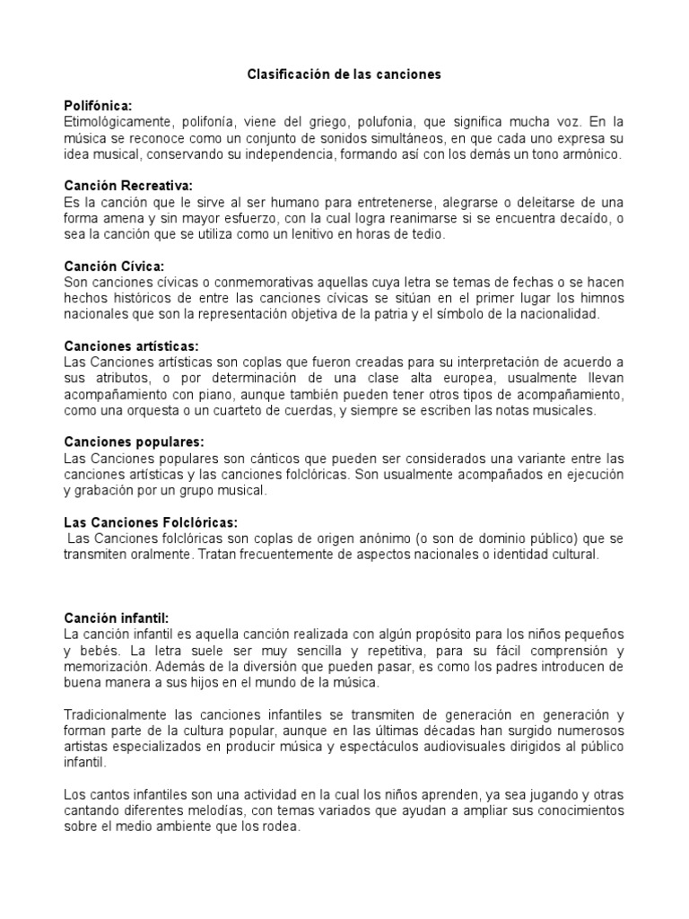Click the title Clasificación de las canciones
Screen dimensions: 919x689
[344, 74]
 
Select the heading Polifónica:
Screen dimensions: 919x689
[98, 105]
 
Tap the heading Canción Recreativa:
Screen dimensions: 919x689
[129, 186]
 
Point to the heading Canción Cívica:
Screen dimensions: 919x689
[115, 267]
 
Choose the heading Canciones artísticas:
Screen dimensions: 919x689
[131, 346]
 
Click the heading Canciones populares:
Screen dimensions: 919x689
[134, 442]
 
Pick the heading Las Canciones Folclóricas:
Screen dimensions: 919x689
[151, 522]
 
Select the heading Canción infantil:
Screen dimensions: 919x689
[117, 617]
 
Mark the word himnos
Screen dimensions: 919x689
[601, 298]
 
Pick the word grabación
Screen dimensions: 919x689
[104, 491]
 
